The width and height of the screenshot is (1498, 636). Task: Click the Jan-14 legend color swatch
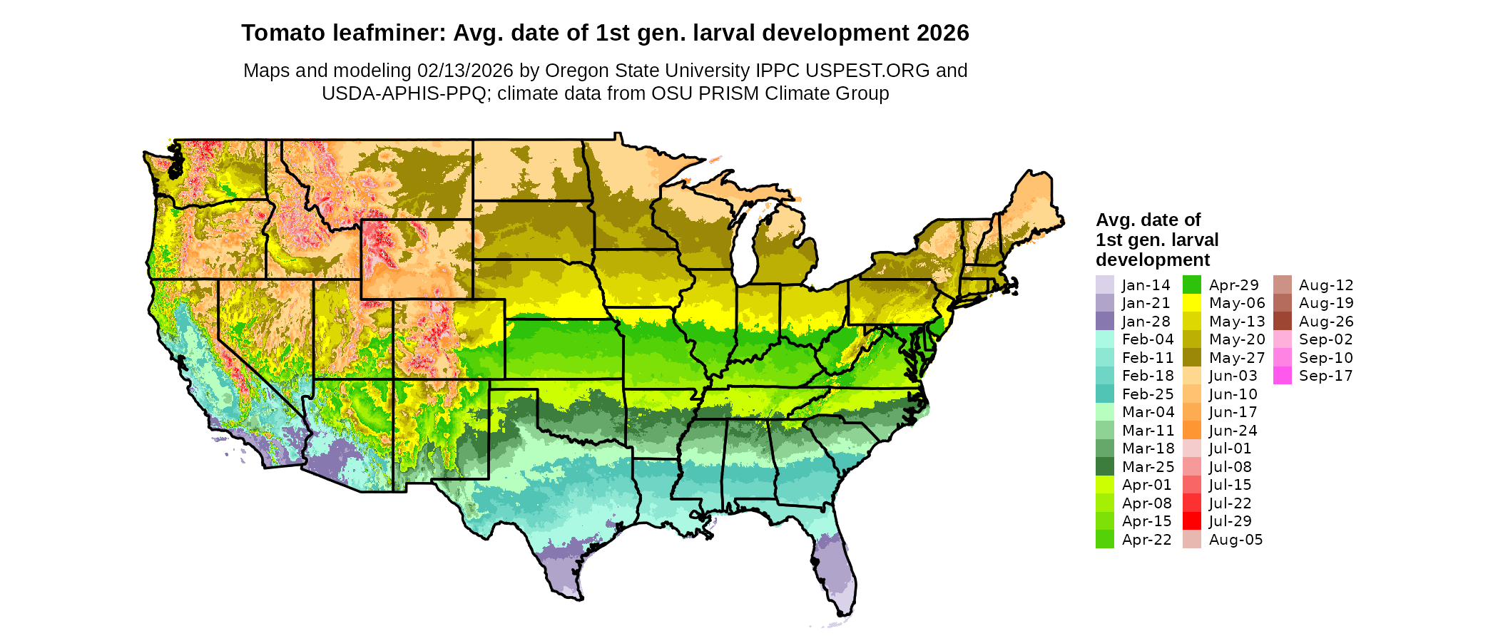pos(1104,284)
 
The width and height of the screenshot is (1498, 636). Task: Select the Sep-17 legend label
pos(1325,376)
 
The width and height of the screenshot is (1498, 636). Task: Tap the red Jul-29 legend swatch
pos(1192,521)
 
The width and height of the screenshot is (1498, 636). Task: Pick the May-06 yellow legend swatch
pos(1192,303)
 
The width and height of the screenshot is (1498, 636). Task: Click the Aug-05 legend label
pos(1235,540)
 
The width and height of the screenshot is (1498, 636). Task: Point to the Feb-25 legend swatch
pos(1104,394)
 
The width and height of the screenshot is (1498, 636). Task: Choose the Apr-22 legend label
pos(1146,540)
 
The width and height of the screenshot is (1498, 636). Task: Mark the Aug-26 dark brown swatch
pos(1282,321)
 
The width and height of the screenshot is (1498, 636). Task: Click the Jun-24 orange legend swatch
pos(1192,430)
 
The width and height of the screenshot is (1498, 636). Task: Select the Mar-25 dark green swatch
pos(1104,466)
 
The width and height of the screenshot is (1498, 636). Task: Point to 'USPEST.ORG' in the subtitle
pos(867,71)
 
